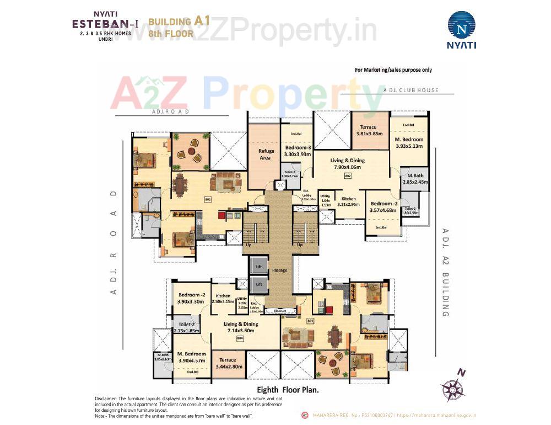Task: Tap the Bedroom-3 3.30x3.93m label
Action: (298, 151)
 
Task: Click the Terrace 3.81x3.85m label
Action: (367, 130)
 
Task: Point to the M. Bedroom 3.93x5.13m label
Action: (408, 143)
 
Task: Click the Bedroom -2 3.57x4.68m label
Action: (383, 206)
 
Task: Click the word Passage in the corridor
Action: (279, 270)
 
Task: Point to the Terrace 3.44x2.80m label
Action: (228, 363)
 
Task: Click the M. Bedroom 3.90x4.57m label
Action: (192, 357)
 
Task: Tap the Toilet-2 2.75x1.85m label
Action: (186, 327)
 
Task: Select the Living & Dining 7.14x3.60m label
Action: (241, 327)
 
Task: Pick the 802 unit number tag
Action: (348, 176)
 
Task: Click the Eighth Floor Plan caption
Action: (289, 389)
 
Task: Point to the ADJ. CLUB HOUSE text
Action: (411, 90)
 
